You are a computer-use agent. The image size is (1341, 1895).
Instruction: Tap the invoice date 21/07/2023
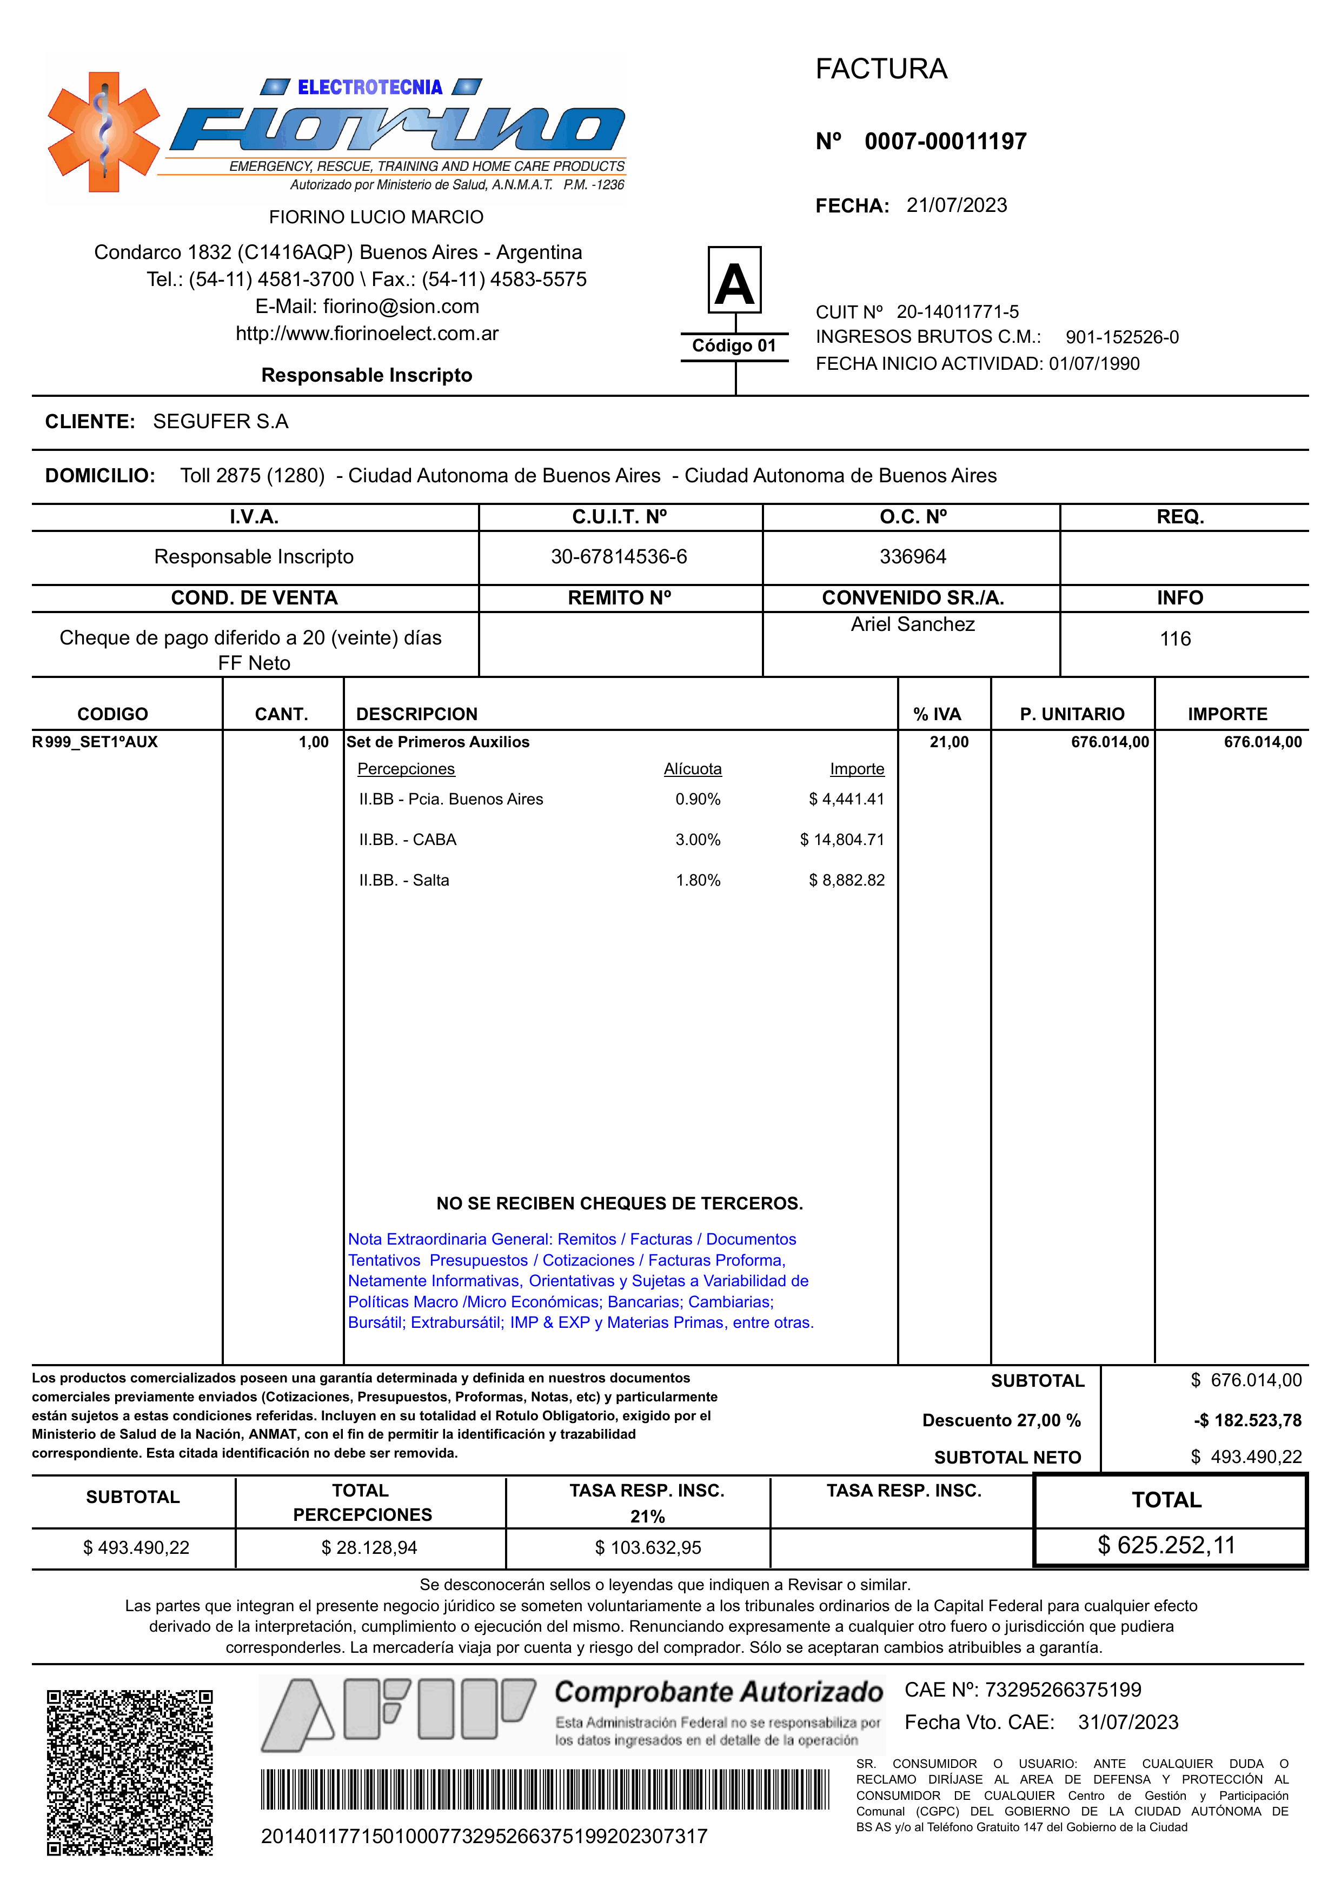click(x=956, y=205)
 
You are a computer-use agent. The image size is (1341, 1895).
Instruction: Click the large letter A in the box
click(x=734, y=282)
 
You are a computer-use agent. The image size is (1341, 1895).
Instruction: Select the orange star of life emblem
click(x=103, y=132)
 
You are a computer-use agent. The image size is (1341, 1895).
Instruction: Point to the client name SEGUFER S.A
click(x=221, y=422)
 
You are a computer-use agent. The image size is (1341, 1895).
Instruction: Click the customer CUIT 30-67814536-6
click(x=619, y=556)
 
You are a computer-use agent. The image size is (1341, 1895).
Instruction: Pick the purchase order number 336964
click(x=912, y=556)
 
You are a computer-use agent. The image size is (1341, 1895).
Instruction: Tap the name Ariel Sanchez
click(x=912, y=624)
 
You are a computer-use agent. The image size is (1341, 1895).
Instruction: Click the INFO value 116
click(x=1175, y=639)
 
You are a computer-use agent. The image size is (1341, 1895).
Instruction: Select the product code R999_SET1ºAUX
click(x=95, y=741)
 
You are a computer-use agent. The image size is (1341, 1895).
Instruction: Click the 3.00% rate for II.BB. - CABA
click(x=698, y=840)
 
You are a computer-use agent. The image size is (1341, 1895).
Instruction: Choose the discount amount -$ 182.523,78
click(x=1247, y=1420)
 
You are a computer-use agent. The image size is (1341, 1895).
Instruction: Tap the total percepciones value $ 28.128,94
click(x=369, y=1547)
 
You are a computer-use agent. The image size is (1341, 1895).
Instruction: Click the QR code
click(x=130, y=1772)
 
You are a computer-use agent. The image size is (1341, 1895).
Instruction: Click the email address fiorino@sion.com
click(x=401, y=307)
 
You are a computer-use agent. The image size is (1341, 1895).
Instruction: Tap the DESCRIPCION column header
click(x=416, y=714)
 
